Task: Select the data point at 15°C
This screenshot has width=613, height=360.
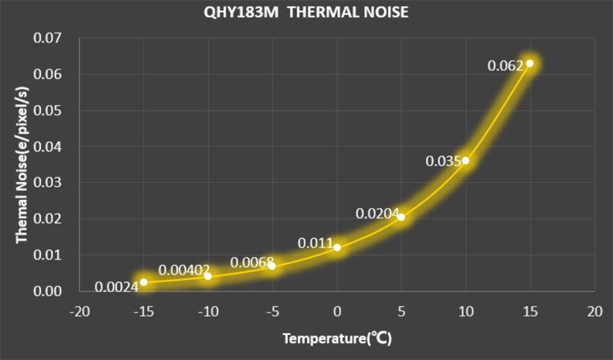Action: coord(529,63)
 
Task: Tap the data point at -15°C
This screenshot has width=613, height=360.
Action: coord(143,282)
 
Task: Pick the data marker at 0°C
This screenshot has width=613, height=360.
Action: coord(337,247)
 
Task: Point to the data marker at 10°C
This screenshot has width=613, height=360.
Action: coord(465,160)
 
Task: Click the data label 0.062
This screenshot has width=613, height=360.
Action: coord(505,66)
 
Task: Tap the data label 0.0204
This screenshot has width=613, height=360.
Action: coord(377,214)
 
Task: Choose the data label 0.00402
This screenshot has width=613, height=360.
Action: coord(182,270)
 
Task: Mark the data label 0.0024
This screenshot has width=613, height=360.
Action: coord(116,287)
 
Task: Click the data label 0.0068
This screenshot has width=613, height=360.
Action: coord(251,263)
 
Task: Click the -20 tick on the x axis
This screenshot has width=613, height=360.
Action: coord(79,313)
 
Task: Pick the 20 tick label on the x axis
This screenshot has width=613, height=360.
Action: coord(593,313)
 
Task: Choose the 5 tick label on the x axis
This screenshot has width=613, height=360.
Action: coord(401,313)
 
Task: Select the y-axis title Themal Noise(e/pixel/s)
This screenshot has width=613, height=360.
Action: coord(23,164)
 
